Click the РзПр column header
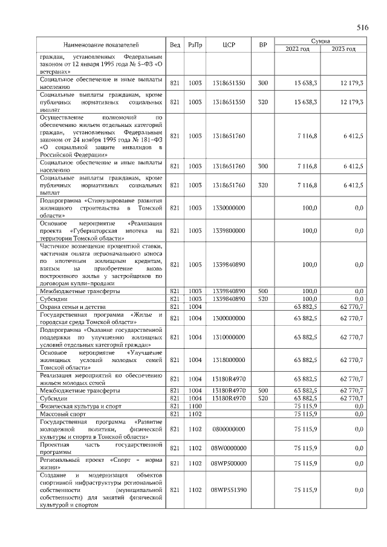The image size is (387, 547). click(195, 45)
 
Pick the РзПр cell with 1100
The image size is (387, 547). click(195, 407)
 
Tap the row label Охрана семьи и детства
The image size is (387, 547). click(71, 306)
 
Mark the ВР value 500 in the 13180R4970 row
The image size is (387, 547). click(263, 390)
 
